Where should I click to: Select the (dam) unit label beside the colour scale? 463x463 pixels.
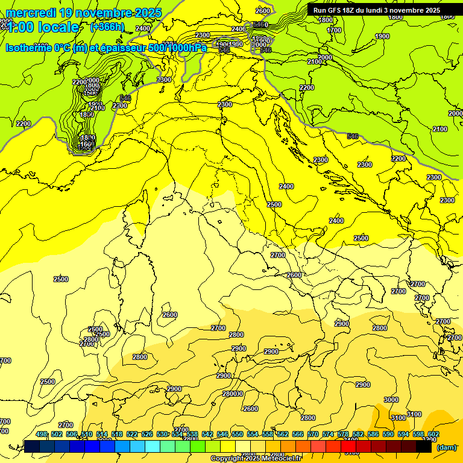446,447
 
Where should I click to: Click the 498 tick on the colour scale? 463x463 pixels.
42,435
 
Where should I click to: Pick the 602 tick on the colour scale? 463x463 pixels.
433,435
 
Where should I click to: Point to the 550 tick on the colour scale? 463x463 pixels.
238,435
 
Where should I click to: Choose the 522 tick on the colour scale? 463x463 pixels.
132,435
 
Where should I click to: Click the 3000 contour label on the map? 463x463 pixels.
391,400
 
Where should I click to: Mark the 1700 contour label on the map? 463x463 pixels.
333,30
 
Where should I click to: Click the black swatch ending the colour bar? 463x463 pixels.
424,447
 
